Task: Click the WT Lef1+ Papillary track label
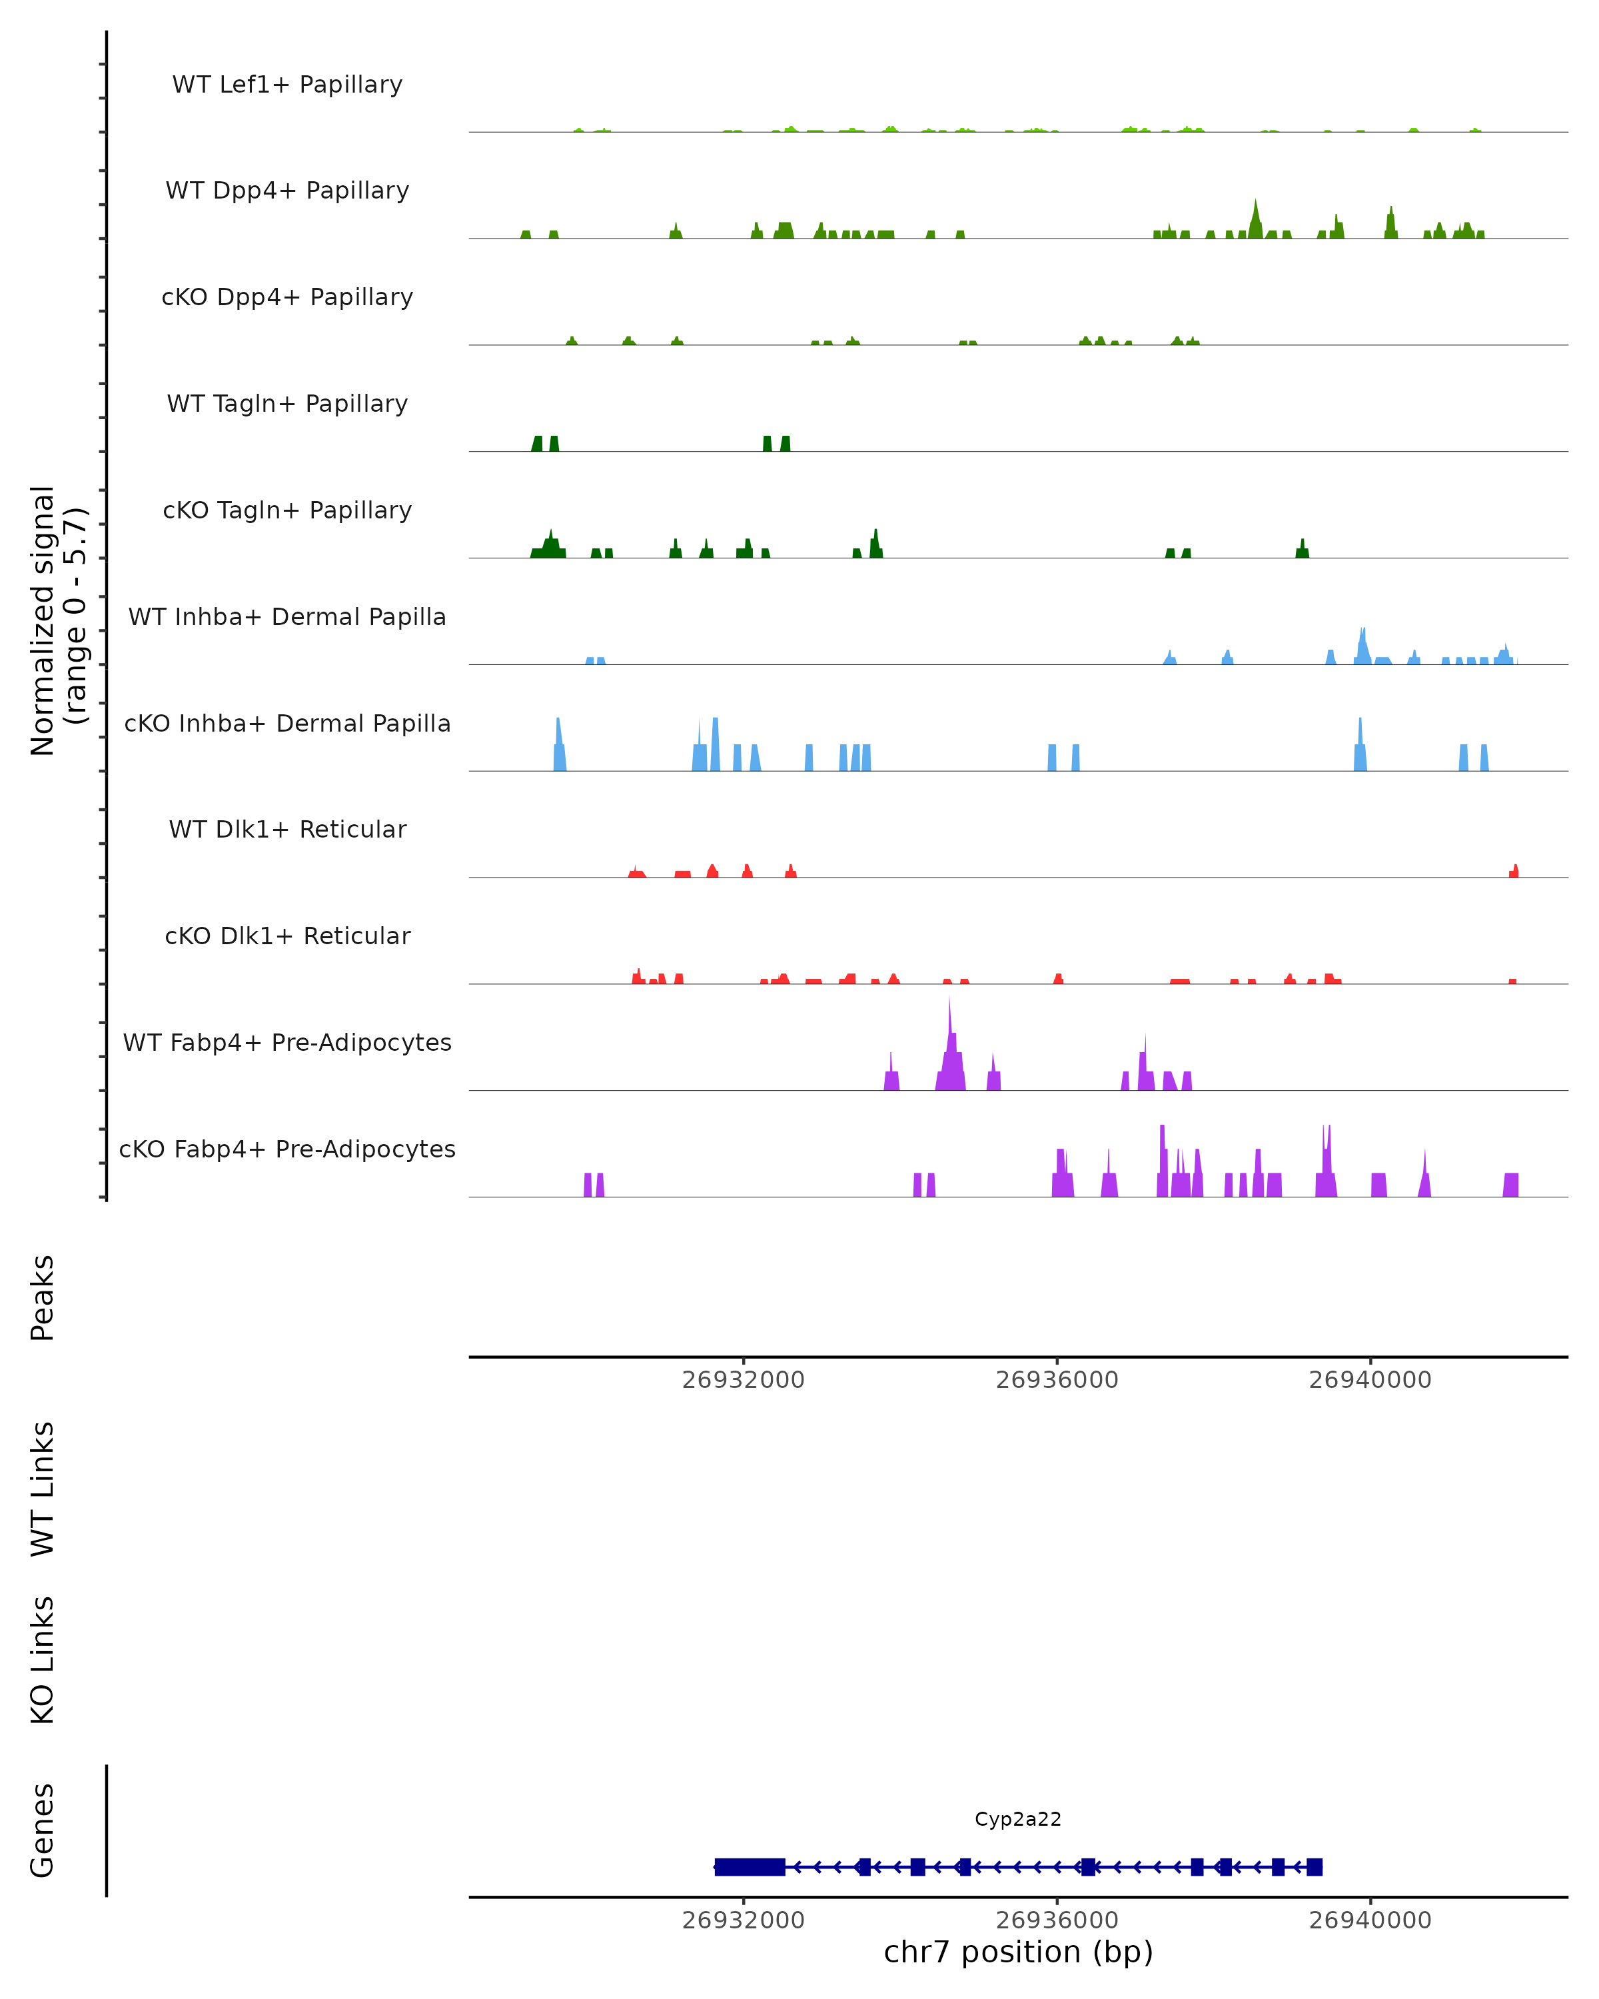[x=287, y=85]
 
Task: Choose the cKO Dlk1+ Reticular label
[x=287, y=936]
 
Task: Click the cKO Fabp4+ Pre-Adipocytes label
[x=287, y=1149]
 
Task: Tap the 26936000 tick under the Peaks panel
[x=1057, y=1380]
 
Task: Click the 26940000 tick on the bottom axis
[x=1370, y=1920]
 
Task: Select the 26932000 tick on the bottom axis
[x=744, y=1920]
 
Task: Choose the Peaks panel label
[x=43, y=1298]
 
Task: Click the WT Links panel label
[x=43, y=1488]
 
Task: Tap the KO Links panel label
[x=43, y=1660]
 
